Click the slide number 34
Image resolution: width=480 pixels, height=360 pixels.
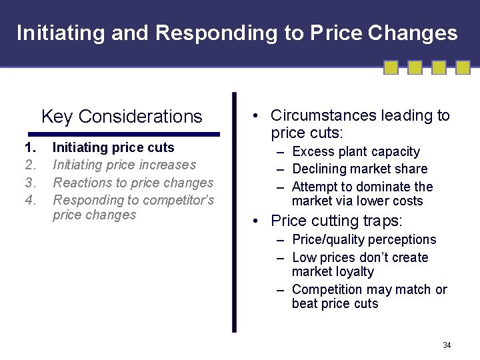coord(447,345)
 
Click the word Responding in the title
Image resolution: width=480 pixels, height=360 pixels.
coord(224,33)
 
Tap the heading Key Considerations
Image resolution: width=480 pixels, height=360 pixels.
coord(121,117)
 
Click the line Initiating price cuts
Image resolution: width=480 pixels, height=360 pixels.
coord(113,147)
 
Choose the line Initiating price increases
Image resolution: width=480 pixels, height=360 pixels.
coord(124,165)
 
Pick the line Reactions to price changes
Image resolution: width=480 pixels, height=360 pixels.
coord(133,183)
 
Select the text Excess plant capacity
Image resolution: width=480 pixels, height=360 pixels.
coord(356,152)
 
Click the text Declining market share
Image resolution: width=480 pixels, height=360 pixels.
coord(359,169)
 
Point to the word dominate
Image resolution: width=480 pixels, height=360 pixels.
coord(382,187)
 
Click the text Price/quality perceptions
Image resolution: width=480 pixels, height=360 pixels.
coord(364,239)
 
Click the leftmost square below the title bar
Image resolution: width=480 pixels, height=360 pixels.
coord(391,67)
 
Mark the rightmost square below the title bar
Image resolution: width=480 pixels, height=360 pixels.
coord(463,67)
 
